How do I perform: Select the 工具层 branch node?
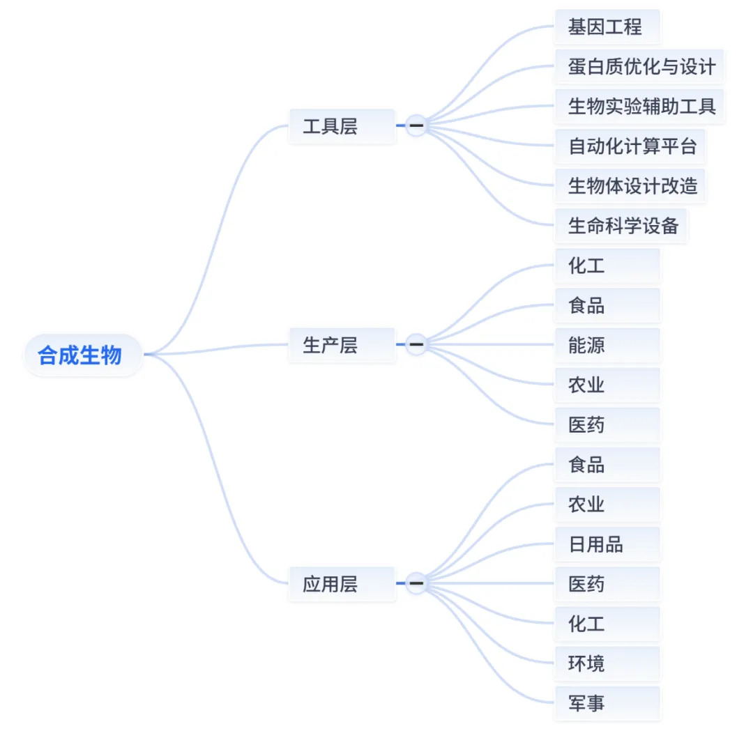pyautogui.click(x=342, y=126)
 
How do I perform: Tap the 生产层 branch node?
pyautogui.click(x=342, y=345)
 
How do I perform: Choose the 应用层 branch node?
pyautogui.click(x=342, y=583)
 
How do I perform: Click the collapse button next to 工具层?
pyautogui.click(x=416, y=125)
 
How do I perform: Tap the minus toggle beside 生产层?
pyautogui.click(x=416, y=344)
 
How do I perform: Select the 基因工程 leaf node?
pyautogui.click(x=607, y=27)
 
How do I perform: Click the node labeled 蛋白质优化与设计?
pyautogui.click(x=640, y=67)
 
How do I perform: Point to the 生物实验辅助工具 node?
pyautogui.click(x=640, y=107)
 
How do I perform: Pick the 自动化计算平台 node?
pyautogui.click(x=630, y=146)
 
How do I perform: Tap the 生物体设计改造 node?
pyautogui.click(x=630, y=186)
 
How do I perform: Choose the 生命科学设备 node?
pyautogui.click(x=621, y=226)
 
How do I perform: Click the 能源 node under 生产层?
pyautogui.click(x=607, y=345)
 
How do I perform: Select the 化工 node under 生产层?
pyautogui.click(x=607, y=266)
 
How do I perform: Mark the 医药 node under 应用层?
pyautogui.click(x=607, y=583)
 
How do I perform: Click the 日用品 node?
pyautogui.click(x=607, y=544)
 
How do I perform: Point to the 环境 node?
pyautogui.click(x=607, y=663)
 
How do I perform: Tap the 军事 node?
pyautogui.click(x=607, y=702)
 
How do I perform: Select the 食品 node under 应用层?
pyautogui.click(x=607, y=464)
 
